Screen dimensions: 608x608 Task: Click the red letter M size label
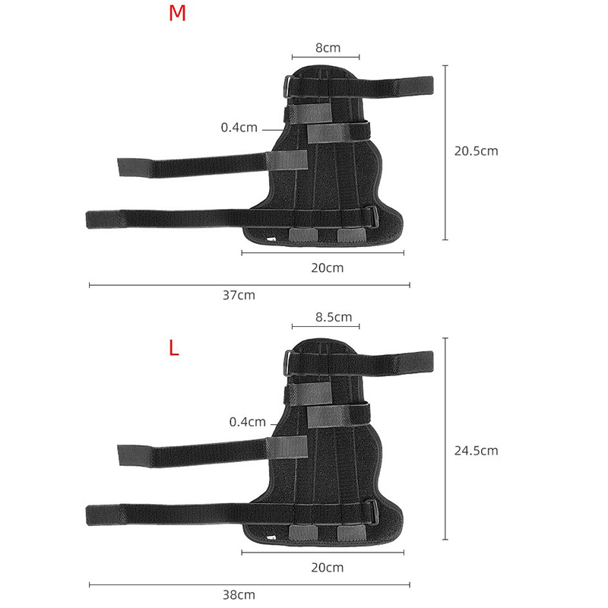177,13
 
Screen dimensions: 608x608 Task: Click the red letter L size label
174,348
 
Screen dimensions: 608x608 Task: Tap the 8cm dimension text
328,48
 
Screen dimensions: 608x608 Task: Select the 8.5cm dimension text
334,317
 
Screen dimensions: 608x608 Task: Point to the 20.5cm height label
477,150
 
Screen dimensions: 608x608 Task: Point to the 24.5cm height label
477,451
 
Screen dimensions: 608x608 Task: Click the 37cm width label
239,296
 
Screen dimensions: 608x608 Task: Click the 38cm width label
239,595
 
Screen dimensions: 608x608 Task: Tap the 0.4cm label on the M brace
239,127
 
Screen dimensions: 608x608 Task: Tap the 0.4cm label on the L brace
248,422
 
